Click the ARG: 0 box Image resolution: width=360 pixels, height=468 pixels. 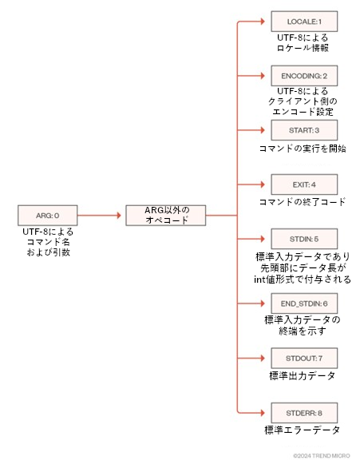pyautogui.click(x=48, y=215)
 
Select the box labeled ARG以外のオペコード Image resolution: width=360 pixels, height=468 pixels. pyautogui.click(x=165, y=215)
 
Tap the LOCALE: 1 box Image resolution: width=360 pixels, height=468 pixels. pyautogui.click(x=304, y=22)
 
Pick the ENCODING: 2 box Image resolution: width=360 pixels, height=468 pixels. pyautogui.click(x=304, y=76)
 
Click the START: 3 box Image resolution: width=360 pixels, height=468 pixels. pyautogui.click(x=304, y=130)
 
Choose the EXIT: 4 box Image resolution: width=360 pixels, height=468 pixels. pyautogui.click(x=304, y=184)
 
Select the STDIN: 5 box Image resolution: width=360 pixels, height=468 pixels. pyautogui.click(x=304, y=239)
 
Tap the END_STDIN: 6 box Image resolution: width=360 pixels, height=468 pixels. pyautogui.click(x=304, y=303)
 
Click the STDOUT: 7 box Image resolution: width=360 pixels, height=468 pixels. pyautogui.click(x=304, y=358)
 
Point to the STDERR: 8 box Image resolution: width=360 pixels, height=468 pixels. pyautogui.click(x=304, y=413)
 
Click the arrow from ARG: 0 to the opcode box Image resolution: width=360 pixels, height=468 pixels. pyautogui.click(x=99, y=215)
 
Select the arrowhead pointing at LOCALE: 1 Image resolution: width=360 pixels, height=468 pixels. pyautogui.click(x=263, y=22)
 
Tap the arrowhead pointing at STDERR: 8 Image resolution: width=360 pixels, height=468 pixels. pyautogui.click(x=263, y=413)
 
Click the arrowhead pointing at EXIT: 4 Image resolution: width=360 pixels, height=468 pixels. pyautogui.click(x=263, y=184)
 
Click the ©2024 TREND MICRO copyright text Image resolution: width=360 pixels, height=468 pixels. pyautogui.click(x=322, y=456)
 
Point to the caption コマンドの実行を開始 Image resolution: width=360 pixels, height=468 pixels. pyautogui.click(x=303, y=149)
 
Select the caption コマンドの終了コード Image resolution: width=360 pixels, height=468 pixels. pyautogui.click(x=303, y=202)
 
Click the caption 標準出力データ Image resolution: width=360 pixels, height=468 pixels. pyautogui.click(x=303, y=375)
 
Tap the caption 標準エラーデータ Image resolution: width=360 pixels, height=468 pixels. pyautogui.click(x=303, y=430)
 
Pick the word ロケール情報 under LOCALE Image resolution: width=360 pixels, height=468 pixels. pyautogui.click(x=303, y=48)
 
